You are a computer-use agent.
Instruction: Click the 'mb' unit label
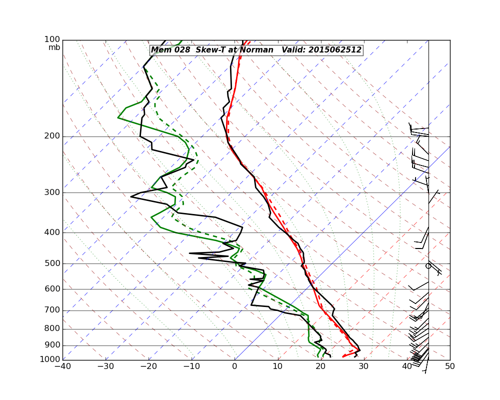(x=54, y=47)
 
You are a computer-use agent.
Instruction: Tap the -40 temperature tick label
(x=62, y=366)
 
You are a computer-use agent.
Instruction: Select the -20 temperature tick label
(x=148, y=366)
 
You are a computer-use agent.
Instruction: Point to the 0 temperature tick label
(x=234, y=366)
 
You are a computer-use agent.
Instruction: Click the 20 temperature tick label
(x=320, y=366)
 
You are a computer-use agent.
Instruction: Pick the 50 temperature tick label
(x=450, y=366)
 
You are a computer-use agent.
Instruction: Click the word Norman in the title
(x=257, y=50)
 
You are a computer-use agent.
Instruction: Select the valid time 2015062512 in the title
(x=334, y=50)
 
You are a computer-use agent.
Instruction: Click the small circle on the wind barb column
(x=428, y=265)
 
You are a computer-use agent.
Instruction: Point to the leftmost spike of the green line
(x=118, y=117)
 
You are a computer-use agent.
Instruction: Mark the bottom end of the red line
(x=343, y=356)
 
